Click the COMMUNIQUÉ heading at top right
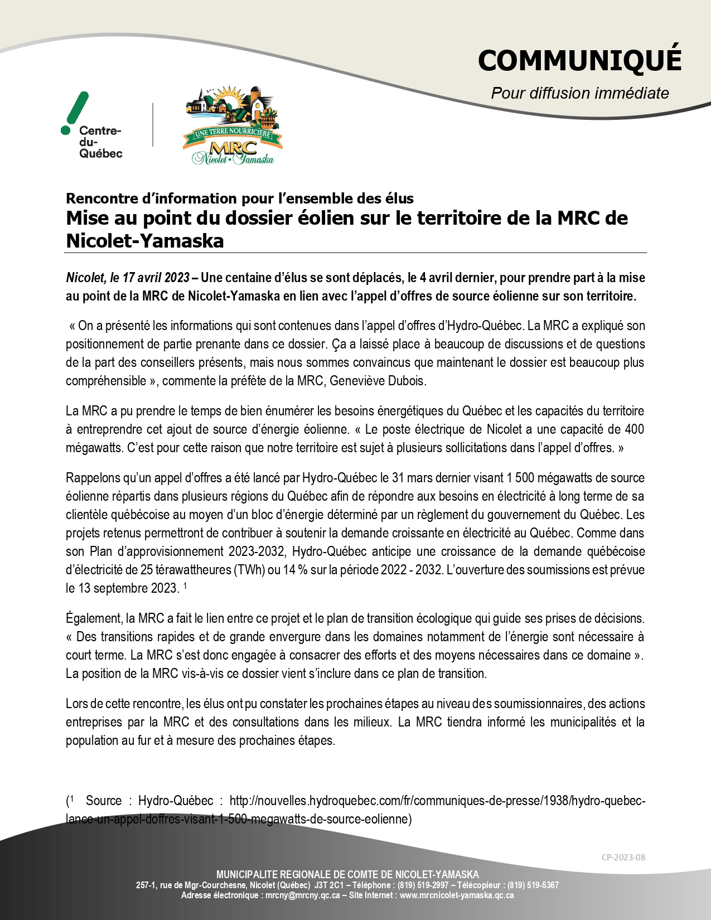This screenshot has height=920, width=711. click(x=579, y=60)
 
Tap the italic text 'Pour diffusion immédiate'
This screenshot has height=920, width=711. click(x=579, y=93)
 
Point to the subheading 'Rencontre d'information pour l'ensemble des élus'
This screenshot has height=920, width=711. click(x=240, y=198)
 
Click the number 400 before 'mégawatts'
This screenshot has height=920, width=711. click(x=634, y=429)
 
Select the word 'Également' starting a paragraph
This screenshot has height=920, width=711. click(x=93, y=618)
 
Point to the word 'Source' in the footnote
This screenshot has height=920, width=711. click(x=104, y=801)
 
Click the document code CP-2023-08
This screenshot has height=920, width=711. click(x=623, y=858)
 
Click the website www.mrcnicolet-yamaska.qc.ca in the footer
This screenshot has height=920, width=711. click(x=457, y=895)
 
